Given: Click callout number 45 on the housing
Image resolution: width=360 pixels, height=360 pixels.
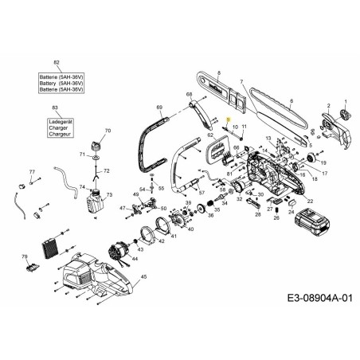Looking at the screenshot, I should (x=143, y=277).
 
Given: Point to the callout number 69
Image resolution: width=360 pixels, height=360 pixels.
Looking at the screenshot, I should (x=159, y=107).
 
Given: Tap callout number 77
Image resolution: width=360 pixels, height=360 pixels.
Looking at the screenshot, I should (x=32, y=171).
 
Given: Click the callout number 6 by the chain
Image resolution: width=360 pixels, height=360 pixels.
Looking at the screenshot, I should (x=292, y=100).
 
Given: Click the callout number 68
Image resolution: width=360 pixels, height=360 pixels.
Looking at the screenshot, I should (x=190, y=95).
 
